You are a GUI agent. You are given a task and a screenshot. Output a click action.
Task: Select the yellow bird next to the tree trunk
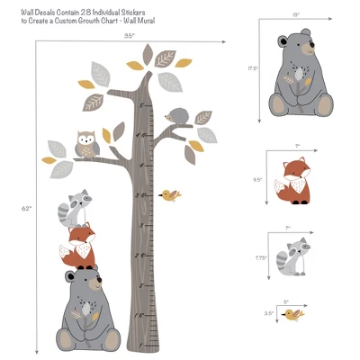(x=168, y=193)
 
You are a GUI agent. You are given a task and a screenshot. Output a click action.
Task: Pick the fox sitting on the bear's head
(x=79, y=246)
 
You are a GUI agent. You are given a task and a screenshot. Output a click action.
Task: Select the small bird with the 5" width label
(x=292, y=314)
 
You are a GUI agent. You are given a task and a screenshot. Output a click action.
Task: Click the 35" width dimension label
(x=129, y=35)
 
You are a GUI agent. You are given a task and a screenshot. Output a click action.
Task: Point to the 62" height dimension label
(x=26, y=208)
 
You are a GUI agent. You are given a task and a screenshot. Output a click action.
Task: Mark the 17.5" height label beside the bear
(x=254, y=67)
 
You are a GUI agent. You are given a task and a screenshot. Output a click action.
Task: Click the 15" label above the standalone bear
(x=295, y=15)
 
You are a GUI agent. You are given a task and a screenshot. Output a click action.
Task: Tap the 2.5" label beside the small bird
(x=268, y=313)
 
